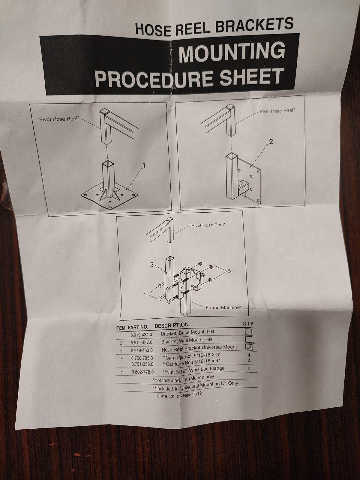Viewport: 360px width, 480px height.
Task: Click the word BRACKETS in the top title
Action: pyautogui.click(x=254, y=26)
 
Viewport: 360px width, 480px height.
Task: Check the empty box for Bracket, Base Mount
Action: pyautogui.click(x=248, y=332)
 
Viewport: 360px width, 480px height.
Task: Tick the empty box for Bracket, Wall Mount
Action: pyautogui.click(x=249, y=339)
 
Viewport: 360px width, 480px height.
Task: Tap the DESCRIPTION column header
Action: pyautogui.click(x=172, y=325)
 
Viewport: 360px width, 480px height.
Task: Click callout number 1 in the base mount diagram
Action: pyautogui.click(x=144, y=166)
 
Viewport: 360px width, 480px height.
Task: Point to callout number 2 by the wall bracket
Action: pyautogui.click(x=271, y=142)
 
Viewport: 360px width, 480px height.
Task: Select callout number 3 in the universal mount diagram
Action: pyautogui.click(x=152, y=265)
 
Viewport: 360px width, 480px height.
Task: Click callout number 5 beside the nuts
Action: pyautogui.click(x=229, y=271)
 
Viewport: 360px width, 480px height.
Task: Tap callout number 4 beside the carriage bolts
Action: pyautogui.click(x=144, y=294)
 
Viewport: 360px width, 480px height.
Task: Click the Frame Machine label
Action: pyautogui.click(x=223, y=307)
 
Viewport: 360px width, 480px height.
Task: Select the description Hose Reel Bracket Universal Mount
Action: pyautogui.click(x=199, y=348)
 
